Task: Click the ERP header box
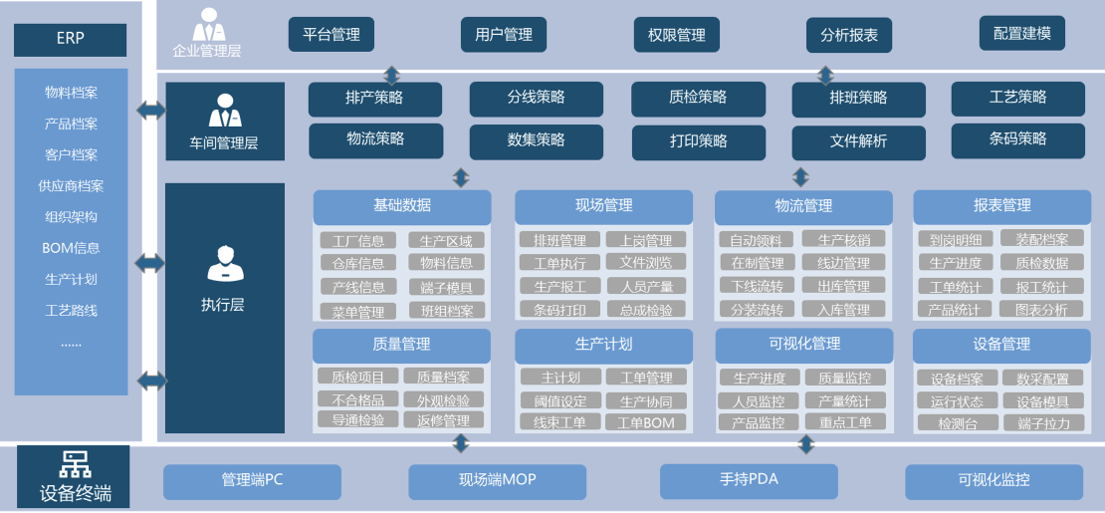(70, 40)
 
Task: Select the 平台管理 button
(331, 35)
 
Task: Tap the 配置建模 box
(1021, 33)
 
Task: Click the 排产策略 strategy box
(375, 99)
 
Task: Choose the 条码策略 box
(1017, 139)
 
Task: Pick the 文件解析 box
(858, 141)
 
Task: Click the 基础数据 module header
(402, 206)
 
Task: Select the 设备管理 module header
(1001, 345)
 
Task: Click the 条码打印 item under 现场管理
(559, 310)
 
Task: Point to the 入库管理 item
(843, 310)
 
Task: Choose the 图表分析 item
(1041, 310)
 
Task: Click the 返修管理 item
(443, 420)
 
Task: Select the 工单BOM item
(645, 422)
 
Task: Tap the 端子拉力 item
(1043, 423)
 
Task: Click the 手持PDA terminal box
(749, 480)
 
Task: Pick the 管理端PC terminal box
(252, 480)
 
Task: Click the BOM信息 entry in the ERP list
(71, 248)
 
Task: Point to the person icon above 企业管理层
(207, 23)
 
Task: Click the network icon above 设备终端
(75, 463)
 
